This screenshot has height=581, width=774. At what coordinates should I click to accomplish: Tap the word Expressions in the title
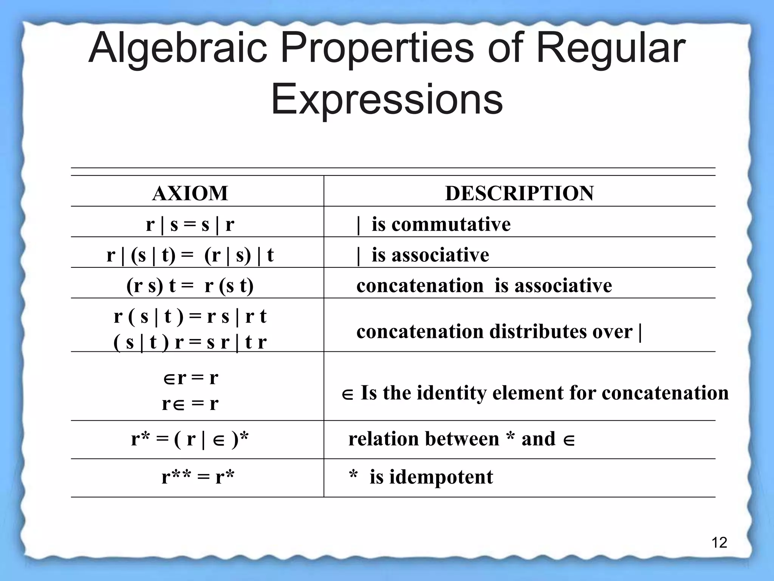click(x=387, y=99)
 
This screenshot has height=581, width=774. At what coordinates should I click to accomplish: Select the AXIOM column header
click(x=190, y=193)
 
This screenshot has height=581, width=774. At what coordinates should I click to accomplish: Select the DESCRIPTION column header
click(x=519, y=193)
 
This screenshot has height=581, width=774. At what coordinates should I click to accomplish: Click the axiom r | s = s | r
click(x=190, y=224)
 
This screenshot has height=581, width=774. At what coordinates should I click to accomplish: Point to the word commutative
click(x=451, y=224)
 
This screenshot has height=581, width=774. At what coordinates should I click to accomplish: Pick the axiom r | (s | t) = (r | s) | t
click(x=190, y=255)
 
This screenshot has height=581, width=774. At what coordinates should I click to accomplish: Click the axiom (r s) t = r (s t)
click(x=190, y=286)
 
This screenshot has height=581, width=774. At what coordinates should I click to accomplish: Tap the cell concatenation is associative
click(x=484, y=286)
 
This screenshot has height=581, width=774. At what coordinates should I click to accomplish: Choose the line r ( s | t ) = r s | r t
click(x=190, y=316)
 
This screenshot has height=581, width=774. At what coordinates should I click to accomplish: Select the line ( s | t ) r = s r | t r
click(x=190, y=342)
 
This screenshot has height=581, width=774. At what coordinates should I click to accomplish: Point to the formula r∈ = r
click(x=190, y=404)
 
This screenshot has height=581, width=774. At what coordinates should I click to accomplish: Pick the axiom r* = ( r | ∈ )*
click(x=190, y=439)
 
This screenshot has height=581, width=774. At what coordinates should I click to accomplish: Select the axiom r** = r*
click(x=198, y=477)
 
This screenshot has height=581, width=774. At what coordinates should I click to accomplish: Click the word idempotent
click(x=441, y=477)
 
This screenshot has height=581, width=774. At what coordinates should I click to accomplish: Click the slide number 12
click(x=719, y=543)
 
